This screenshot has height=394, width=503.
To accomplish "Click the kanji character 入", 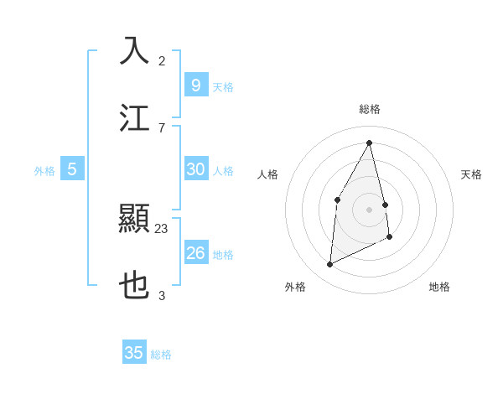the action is pos(135,50).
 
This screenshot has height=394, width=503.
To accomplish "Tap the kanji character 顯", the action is pos(135,220).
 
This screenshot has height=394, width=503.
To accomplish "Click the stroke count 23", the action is pos(162,228).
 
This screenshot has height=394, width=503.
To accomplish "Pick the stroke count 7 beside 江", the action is pos(162,127).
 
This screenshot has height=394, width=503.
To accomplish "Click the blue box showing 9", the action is pos(195,85).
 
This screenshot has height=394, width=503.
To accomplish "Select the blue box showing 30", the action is pos(195,169).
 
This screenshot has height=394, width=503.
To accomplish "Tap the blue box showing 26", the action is pos(195,253).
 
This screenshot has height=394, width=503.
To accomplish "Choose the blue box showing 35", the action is pos(134,353).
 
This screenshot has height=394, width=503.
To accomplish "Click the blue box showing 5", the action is pos(72,169).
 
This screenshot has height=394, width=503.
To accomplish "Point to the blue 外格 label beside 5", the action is pos(44,171).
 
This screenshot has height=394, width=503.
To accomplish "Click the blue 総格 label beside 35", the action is pos(161,355).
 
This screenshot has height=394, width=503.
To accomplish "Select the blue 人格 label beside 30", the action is pos(223,171).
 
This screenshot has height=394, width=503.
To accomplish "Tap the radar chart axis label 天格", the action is pos(471,174).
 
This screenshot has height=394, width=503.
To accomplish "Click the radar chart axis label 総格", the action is pos(370,109).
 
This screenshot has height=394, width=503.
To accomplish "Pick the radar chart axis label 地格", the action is pos(439,287).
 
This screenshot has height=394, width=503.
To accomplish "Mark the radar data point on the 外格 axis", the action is pos(330,265).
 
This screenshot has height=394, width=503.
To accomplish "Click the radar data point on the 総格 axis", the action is pos(370,143).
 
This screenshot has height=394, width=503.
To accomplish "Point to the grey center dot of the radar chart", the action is pos(370,209).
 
